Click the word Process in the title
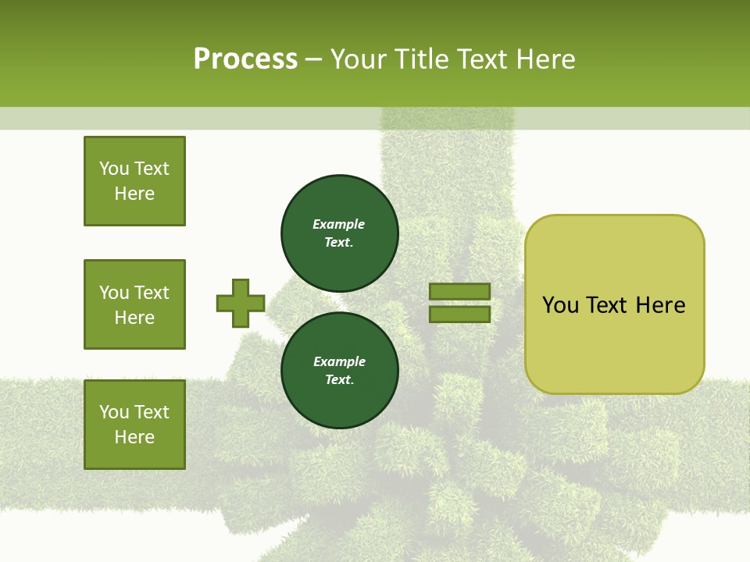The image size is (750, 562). (x=245, y=59)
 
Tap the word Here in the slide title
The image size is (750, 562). (x=545, y=59)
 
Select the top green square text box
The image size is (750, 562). (x=134, y=181)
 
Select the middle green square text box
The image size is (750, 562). (x=134, y=304)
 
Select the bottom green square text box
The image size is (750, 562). (x=134, y=425)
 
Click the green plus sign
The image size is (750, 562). (x=241, y=304)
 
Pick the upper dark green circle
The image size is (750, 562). (x=340, y=233)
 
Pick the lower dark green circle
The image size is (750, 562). (x=340, y=371)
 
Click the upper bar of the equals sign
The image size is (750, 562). (x=459, y=291)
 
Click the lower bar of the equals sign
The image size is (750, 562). (x=459, y=315)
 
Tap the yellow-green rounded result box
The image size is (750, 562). (x=614, y=343)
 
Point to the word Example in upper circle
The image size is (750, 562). (x=339, y=224)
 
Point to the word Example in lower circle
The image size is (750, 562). (x=339, y=361)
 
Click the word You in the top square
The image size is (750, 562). (x=113, y=169)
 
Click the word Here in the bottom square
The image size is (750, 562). (x=134, y=437)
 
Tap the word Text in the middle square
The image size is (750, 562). (x=151, y=293)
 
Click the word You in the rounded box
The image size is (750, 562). (x=561, y=305)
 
